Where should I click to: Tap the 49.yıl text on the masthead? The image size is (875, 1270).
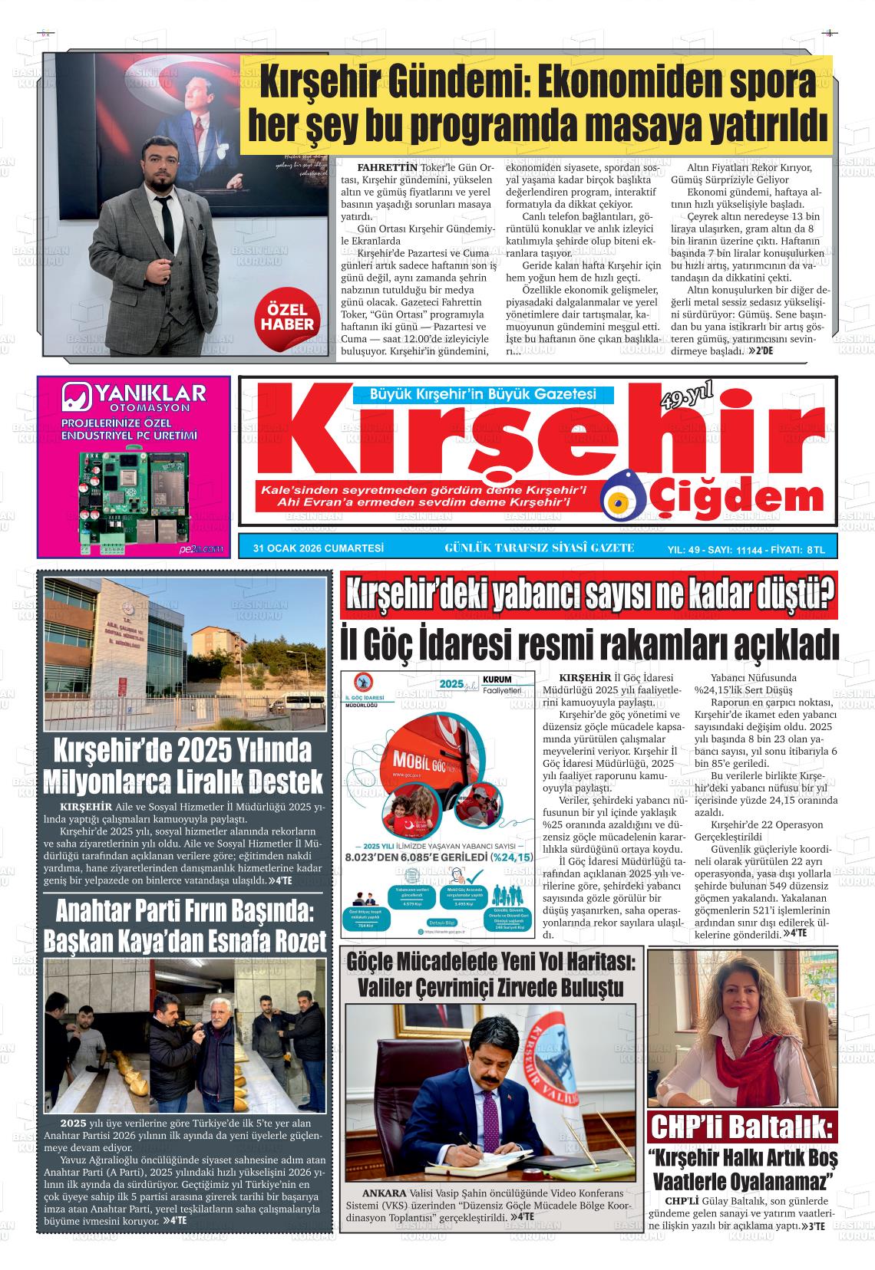point(686,397)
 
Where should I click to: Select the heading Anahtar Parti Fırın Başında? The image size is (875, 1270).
point(185,910)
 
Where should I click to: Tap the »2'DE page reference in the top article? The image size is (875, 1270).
point(760,350)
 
